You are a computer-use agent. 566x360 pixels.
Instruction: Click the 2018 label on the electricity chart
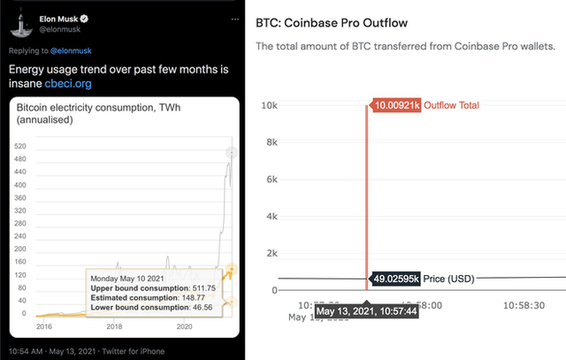[115, 326]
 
